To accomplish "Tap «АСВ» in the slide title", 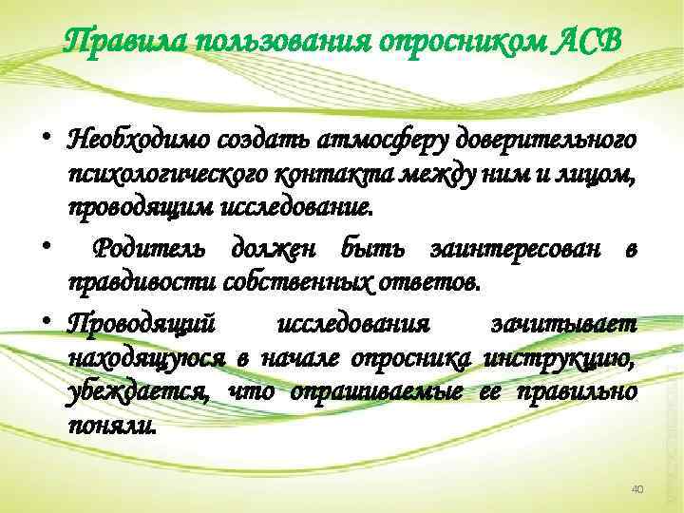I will [589, 42].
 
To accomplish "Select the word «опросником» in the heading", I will [461, 42].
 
